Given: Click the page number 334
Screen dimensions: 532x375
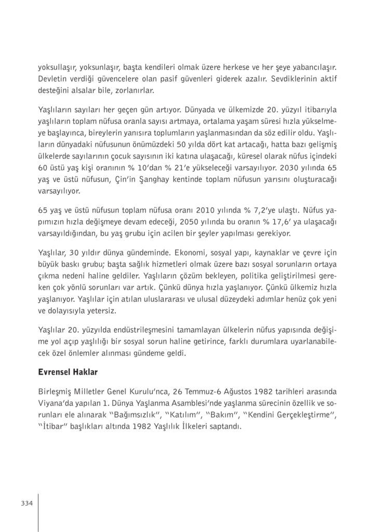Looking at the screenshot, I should point(28,503).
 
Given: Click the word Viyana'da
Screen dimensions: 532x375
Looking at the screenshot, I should point(56,403).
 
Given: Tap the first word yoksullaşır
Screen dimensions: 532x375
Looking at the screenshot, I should point(58,67).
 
